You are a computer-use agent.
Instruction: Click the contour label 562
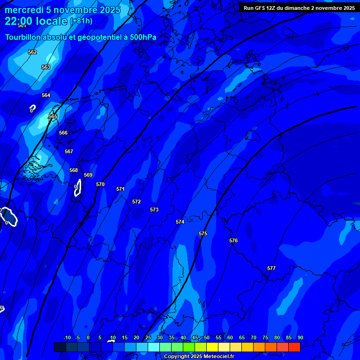pyautogui.click(x=32, y=52)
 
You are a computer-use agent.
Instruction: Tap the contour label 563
pyautogui.click(x=46, y=67)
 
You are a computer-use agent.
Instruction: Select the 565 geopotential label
pyautogui.click(x=53, y=116)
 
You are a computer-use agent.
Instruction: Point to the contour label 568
pyautogui.click(x=74, y=170)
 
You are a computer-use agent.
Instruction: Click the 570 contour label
pyautogui.click(x=100, y=184)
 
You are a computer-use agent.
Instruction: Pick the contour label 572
pyautogui.click(x=136, y=202)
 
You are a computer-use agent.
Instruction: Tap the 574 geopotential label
pyautogui.click(x=180, y=222)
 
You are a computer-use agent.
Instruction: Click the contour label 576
pyautogui.click(x=233, y=240)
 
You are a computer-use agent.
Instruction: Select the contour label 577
pyautogui.click(x=271, y=268)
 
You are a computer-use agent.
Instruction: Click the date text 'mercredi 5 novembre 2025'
pyautogui.click(x=62, y=10)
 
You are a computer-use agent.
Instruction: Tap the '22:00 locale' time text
pyautogui.click(x=36, y=21)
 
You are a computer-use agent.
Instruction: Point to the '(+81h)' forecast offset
pyautogui.click(x=81, y=21)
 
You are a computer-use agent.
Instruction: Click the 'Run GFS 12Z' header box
pyautogui.click(x=299, y=8)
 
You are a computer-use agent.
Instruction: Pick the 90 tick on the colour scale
pyautogui.click(x=300, y=337)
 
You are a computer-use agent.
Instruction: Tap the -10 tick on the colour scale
pyautogui.click(x=67, y=337)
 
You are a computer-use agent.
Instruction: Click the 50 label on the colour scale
pyautogui.click(x=207, y=337)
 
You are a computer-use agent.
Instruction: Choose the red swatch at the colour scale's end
pyautogui.click(x=294, y=347)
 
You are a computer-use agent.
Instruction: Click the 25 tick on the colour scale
pyautogui.click(x=148, y=337)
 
